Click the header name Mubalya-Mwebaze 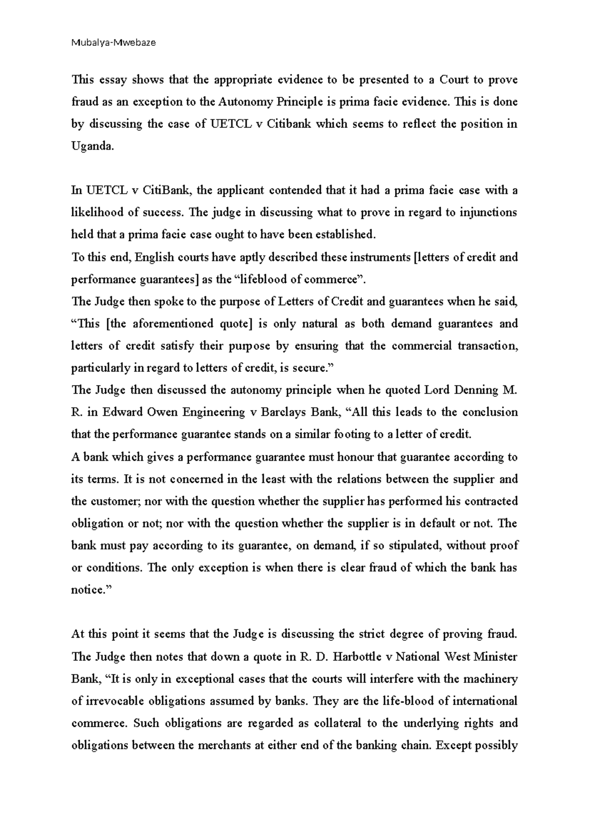coord(114,43)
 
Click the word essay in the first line coord(113,80)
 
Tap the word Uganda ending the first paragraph coord(92,146)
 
